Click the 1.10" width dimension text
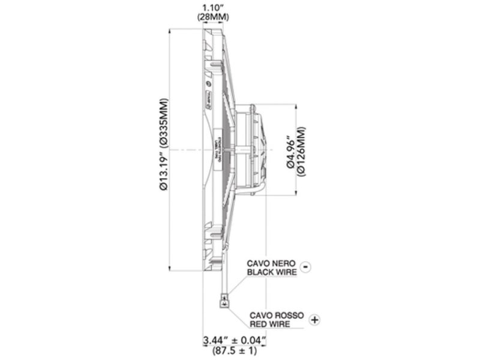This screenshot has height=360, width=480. click(x=213, y=8)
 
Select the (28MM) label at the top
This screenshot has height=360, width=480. click(x=213, y=17)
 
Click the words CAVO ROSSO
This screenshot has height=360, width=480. click(x=277, y=315)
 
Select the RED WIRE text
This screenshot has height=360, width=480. click(x=271, y=324)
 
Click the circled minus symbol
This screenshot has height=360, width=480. click(x=305, y=267)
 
